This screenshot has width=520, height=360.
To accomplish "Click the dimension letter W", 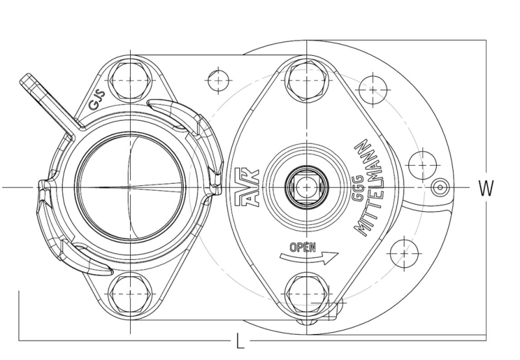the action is (486, 188).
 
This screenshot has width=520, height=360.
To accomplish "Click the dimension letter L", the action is (240, 341).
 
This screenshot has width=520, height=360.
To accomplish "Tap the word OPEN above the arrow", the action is (302, 248).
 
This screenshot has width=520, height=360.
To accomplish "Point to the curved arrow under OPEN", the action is (309, 257).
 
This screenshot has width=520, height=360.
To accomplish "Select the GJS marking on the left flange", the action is (97, 100).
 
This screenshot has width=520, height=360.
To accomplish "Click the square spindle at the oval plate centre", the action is (307, 188).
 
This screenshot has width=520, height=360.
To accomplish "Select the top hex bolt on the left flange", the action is (130, 80).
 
